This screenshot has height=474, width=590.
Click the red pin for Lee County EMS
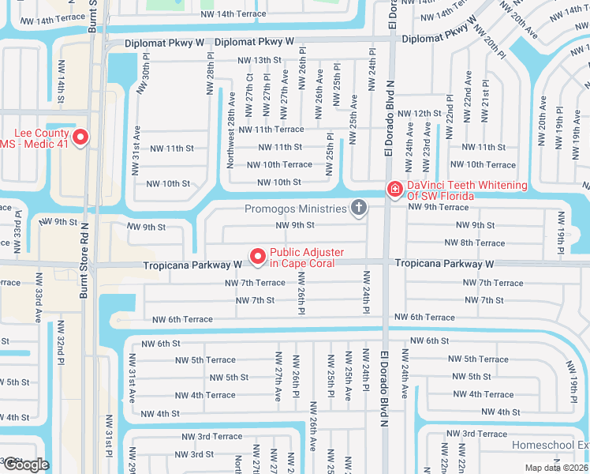(80, 137)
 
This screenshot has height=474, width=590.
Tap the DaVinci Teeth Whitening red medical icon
(394, 190)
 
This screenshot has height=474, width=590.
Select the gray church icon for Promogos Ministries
(359, 209)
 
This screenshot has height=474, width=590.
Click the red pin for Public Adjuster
(257, 257)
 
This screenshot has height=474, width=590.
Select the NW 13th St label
(261, 60)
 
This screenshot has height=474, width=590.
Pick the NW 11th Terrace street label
(271, 130)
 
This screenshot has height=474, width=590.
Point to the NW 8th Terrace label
(477, 243)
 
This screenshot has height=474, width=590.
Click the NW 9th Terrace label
(438, 207)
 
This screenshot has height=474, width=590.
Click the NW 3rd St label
(193, 454)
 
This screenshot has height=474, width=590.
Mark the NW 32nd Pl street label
(59, 348)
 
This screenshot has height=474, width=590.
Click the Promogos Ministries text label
(296, 209)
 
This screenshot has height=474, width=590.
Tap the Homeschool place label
(550, 446)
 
